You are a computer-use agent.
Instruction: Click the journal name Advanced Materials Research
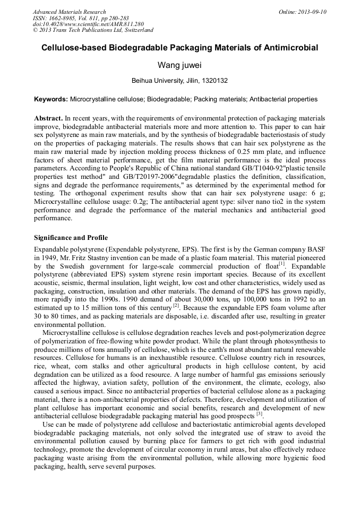[70, 12]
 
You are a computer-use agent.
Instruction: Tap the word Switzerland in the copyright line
[136, 30]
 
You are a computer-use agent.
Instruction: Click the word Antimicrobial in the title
[289, 48]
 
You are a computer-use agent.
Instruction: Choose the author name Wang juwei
[180, 65]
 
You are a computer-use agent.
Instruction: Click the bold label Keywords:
[51, 99]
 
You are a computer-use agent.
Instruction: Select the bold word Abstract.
[48, 117]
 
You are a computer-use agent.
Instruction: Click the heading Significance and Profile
[71, 237]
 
